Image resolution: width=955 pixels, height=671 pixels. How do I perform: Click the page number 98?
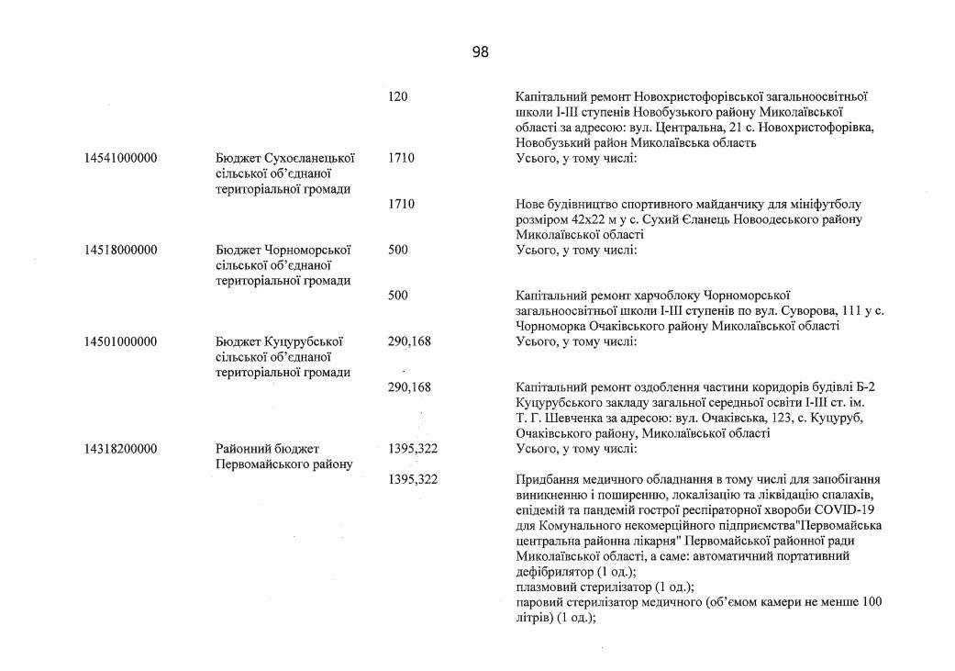481,52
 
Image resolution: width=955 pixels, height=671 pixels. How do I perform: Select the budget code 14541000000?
120,158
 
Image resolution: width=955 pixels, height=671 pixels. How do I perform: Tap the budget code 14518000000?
120,250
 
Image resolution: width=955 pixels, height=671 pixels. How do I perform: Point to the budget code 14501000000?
120,341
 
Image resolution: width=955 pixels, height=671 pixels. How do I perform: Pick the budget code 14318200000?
120,449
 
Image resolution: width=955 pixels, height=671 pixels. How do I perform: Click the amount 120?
397,96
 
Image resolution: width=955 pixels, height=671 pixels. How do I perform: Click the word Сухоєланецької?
310,158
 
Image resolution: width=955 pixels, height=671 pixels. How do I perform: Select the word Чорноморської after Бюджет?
307,250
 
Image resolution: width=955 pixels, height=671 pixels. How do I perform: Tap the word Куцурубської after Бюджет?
304,341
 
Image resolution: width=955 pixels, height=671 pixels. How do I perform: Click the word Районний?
241,449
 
